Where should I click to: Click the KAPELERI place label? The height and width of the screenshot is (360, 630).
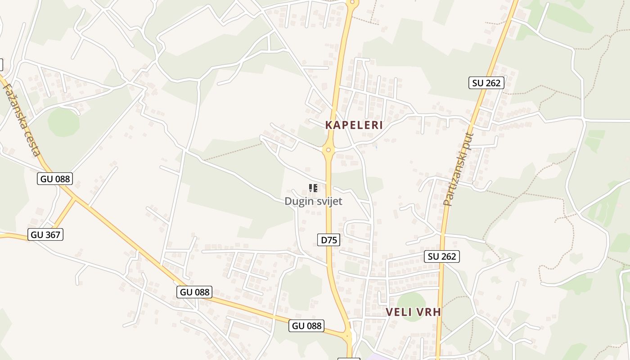click(354, 125)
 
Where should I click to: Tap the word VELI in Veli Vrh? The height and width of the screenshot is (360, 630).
click(398, 312)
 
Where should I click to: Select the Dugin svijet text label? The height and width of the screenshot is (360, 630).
click(313, 201)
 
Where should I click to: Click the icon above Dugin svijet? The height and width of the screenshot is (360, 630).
click(313, 188)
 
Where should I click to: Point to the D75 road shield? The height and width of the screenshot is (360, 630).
click(329, 240)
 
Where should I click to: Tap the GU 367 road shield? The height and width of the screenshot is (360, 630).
click(45, 234)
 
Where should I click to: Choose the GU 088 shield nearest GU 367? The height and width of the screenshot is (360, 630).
click(55, 179)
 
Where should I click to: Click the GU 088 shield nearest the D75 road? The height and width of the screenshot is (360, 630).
click(307, 326)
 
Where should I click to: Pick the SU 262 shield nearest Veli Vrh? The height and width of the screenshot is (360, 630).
click(442, 256)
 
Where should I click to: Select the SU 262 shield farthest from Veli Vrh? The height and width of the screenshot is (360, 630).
click(486, 83)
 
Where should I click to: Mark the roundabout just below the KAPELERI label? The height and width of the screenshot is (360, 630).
click(328, 150)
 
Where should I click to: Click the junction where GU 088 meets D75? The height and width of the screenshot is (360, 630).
click(347, 335)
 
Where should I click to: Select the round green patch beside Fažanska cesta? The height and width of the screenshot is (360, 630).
click(63, 122)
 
